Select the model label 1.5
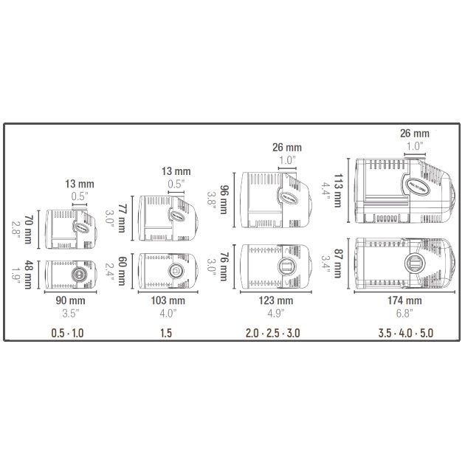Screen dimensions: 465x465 [x=167, y=333]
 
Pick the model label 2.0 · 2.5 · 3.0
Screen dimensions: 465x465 [x=272, y=333]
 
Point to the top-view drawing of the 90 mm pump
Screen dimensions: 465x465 [x=72, y=272]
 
